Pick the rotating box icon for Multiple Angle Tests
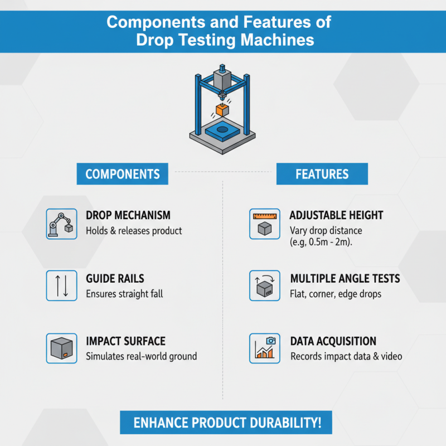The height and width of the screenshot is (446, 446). [264, 286]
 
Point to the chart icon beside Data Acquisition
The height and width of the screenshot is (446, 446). [264, 348]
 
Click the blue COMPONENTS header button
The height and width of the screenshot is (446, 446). [122, 174]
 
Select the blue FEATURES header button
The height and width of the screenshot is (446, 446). [322, 174]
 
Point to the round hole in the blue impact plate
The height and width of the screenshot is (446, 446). [222, 130]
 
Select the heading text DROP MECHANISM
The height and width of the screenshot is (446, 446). [128, 215]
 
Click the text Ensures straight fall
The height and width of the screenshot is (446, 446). [124, 294]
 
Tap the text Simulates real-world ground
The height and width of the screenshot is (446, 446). [142, 356]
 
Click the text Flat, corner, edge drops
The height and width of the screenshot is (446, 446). [336, 294]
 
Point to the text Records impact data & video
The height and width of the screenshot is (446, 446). [346, 356]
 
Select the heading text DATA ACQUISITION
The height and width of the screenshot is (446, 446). [333, 341]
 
